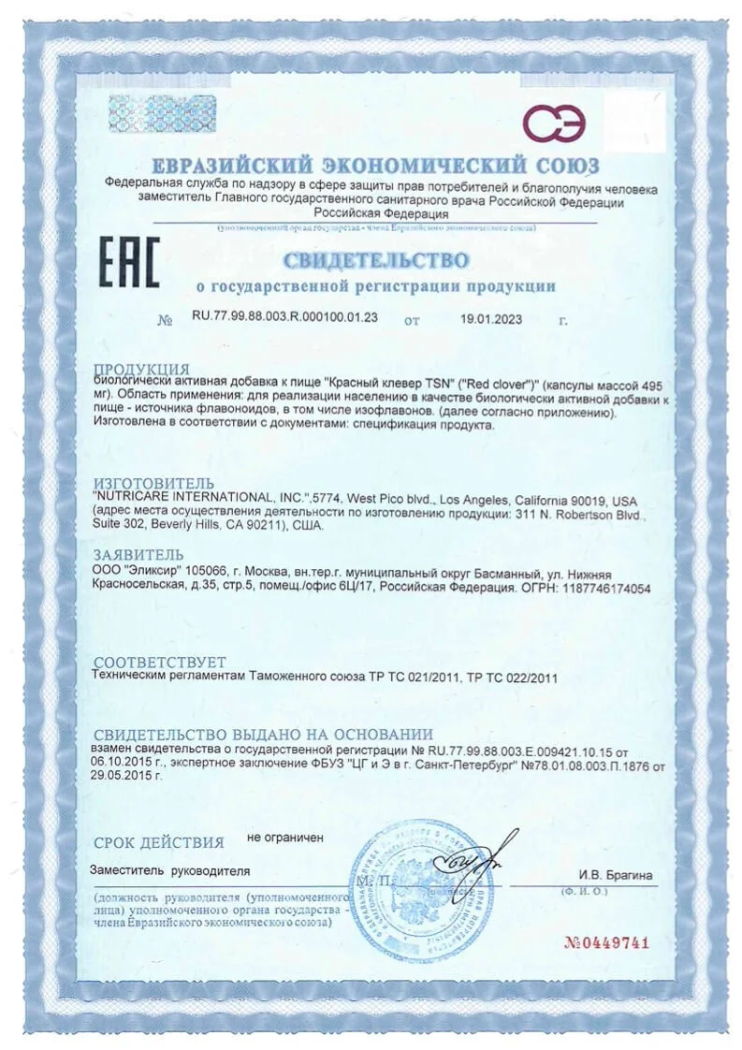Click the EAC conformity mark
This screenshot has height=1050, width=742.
[128, 262]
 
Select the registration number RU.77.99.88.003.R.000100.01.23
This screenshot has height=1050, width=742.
[284, 318]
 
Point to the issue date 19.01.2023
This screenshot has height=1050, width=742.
[490, 318]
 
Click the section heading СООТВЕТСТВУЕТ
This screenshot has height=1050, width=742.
[160, 662]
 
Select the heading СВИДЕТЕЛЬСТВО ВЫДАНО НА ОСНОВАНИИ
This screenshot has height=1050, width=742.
[263, 735]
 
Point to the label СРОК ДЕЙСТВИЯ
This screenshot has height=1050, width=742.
[159, 841]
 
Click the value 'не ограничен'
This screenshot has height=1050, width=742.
[285, 838]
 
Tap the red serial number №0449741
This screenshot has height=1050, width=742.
[605, 942]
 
